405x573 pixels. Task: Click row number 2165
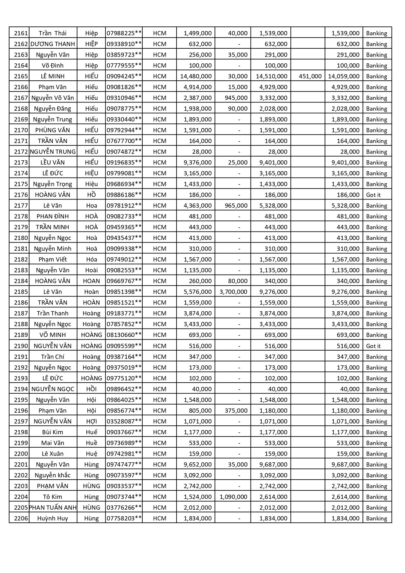click(x=21, y=76)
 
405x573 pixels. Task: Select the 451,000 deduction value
click(x=310, y=76)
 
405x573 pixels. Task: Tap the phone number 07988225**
click(x=124, y=33)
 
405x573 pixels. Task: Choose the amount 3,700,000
click(x=233, y=292)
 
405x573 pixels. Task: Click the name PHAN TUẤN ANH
click(x=53, y=508)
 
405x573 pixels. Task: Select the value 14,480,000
click(x=196, y=76)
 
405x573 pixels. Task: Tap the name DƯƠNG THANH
click(x=53, y=44)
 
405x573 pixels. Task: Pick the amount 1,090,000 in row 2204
click(x=233, y=497)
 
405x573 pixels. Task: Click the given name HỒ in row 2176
click(x=91, y=195)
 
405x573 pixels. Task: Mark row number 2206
click(x=21, y=518)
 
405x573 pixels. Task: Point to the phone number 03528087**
click(x=124, y=422)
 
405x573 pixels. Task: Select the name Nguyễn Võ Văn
click(x=53, y=98)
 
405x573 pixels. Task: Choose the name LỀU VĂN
click(x=53, y=163)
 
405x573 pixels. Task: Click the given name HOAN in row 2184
click(x=91, y=281)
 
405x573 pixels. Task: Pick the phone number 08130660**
click(x=124, y=335)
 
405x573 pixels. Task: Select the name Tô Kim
click(x=53, y=497)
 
